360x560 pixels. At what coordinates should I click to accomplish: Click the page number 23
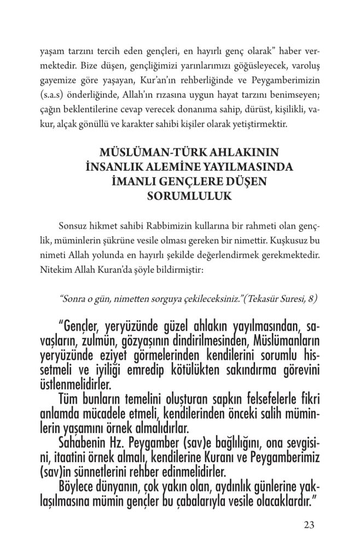pos(308,526)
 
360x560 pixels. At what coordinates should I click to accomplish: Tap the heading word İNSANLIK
pos(113,166)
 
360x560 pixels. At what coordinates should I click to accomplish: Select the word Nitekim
pos(55,269)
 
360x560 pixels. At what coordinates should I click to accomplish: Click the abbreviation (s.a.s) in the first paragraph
pos(53,96)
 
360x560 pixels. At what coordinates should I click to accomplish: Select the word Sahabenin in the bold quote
pos(84,441)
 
